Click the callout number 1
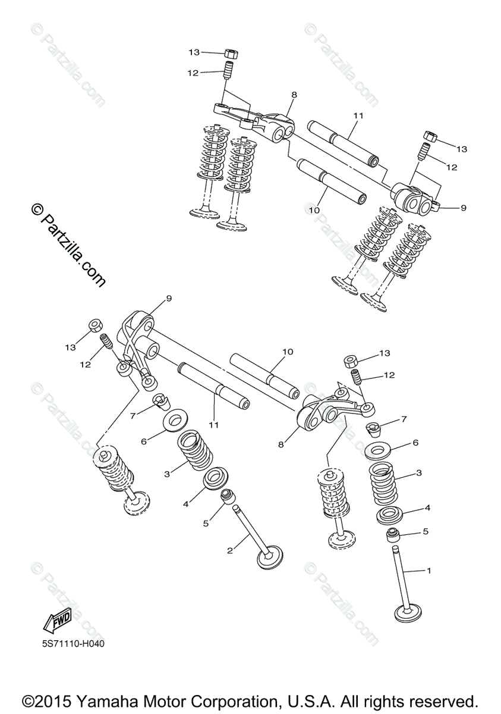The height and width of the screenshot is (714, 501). [x=428, y=571]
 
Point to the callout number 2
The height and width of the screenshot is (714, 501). [x=230, y=550]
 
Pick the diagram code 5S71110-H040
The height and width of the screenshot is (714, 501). [x=70, y=644]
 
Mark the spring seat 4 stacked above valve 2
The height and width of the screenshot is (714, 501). [x=214, y=478]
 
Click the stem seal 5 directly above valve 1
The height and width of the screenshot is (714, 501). [x=394, y=534]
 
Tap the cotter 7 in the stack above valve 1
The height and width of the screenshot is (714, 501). [x=376, y=427]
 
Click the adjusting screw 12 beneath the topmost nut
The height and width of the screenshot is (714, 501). [x=226, y=71]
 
